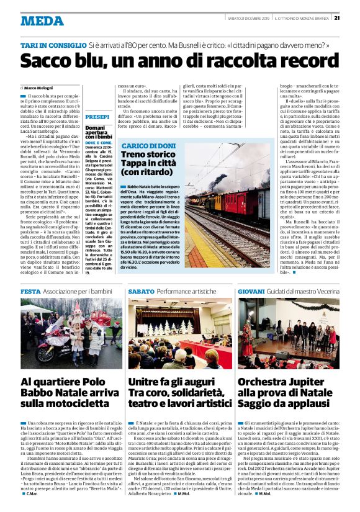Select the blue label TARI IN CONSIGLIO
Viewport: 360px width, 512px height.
pyautogui.click(x=53, y=46)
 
